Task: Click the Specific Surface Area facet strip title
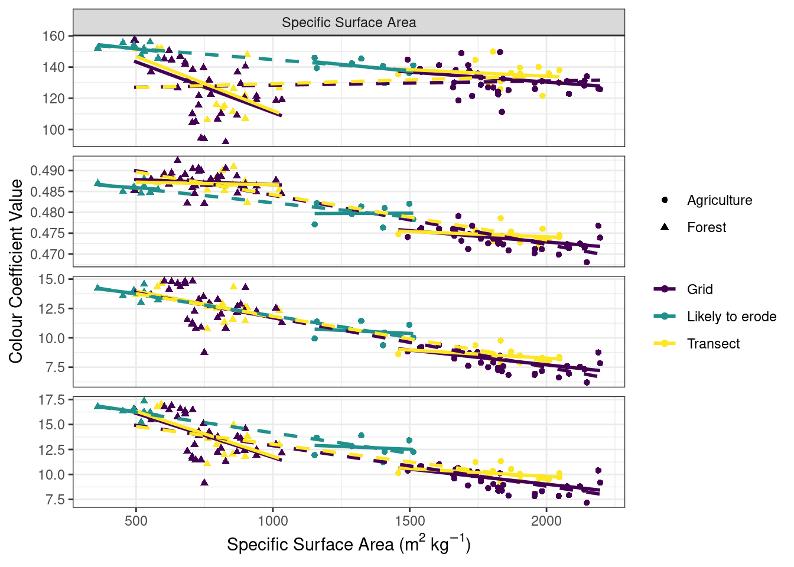click(349, 22)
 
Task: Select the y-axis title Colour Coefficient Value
click(16, 271)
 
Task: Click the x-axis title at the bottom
click(349, 544)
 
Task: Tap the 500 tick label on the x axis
click(136, 520)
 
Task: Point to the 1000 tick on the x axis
click(273, 520)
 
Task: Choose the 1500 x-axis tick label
click(409, 520)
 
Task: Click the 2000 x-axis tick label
click(546, 520)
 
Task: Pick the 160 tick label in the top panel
click(53, 36)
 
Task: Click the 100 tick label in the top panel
click(53, 129)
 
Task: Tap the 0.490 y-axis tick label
click(48, 171)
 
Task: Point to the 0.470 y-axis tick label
click(48, 255)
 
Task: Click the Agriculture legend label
click(720, 200)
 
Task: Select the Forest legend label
click(707, 227)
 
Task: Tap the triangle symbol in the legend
click(665, 227)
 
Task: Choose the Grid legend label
click(699, 289)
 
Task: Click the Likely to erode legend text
click(731, 317)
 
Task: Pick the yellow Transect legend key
click(665, 343)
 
